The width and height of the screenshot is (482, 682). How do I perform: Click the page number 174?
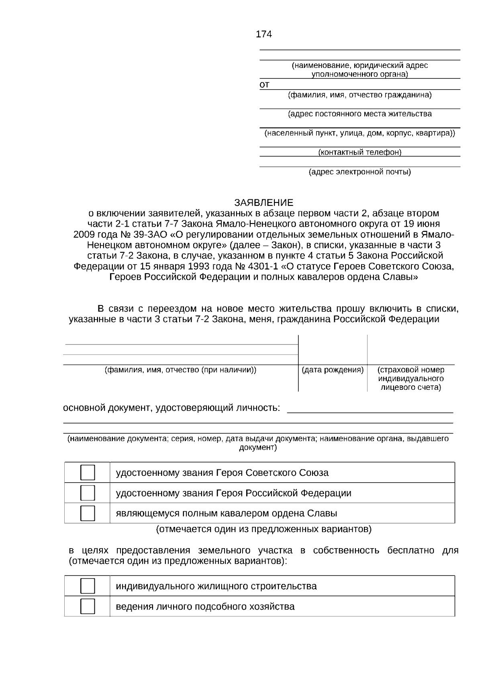(263, 35)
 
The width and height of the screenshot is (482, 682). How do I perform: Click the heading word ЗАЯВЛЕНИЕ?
(263, 203)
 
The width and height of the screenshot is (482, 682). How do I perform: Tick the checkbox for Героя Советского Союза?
(88, 473)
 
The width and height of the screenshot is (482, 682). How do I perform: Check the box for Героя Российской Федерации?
(88, 493)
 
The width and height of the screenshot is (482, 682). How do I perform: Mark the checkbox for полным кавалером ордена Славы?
(88, 513)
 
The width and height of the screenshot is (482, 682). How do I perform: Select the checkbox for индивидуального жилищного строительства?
(88, 586)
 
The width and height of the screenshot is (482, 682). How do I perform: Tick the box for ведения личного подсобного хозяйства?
(88, 606)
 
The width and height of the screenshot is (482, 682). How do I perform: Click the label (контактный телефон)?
(359, 152)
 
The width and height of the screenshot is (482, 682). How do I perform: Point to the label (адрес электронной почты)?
(359, 172)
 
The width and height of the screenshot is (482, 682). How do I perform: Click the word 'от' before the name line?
(264, 85)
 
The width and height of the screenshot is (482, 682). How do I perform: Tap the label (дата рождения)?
(333, 370)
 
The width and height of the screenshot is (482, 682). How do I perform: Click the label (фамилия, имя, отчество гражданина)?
(359, 95)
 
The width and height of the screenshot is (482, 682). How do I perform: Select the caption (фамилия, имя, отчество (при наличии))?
(180, 370)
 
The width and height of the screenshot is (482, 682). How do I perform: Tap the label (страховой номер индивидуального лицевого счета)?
(411, 379)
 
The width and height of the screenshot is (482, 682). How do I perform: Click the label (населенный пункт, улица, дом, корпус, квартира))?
(359, 133)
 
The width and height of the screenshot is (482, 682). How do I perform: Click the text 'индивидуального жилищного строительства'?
(216, 586)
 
